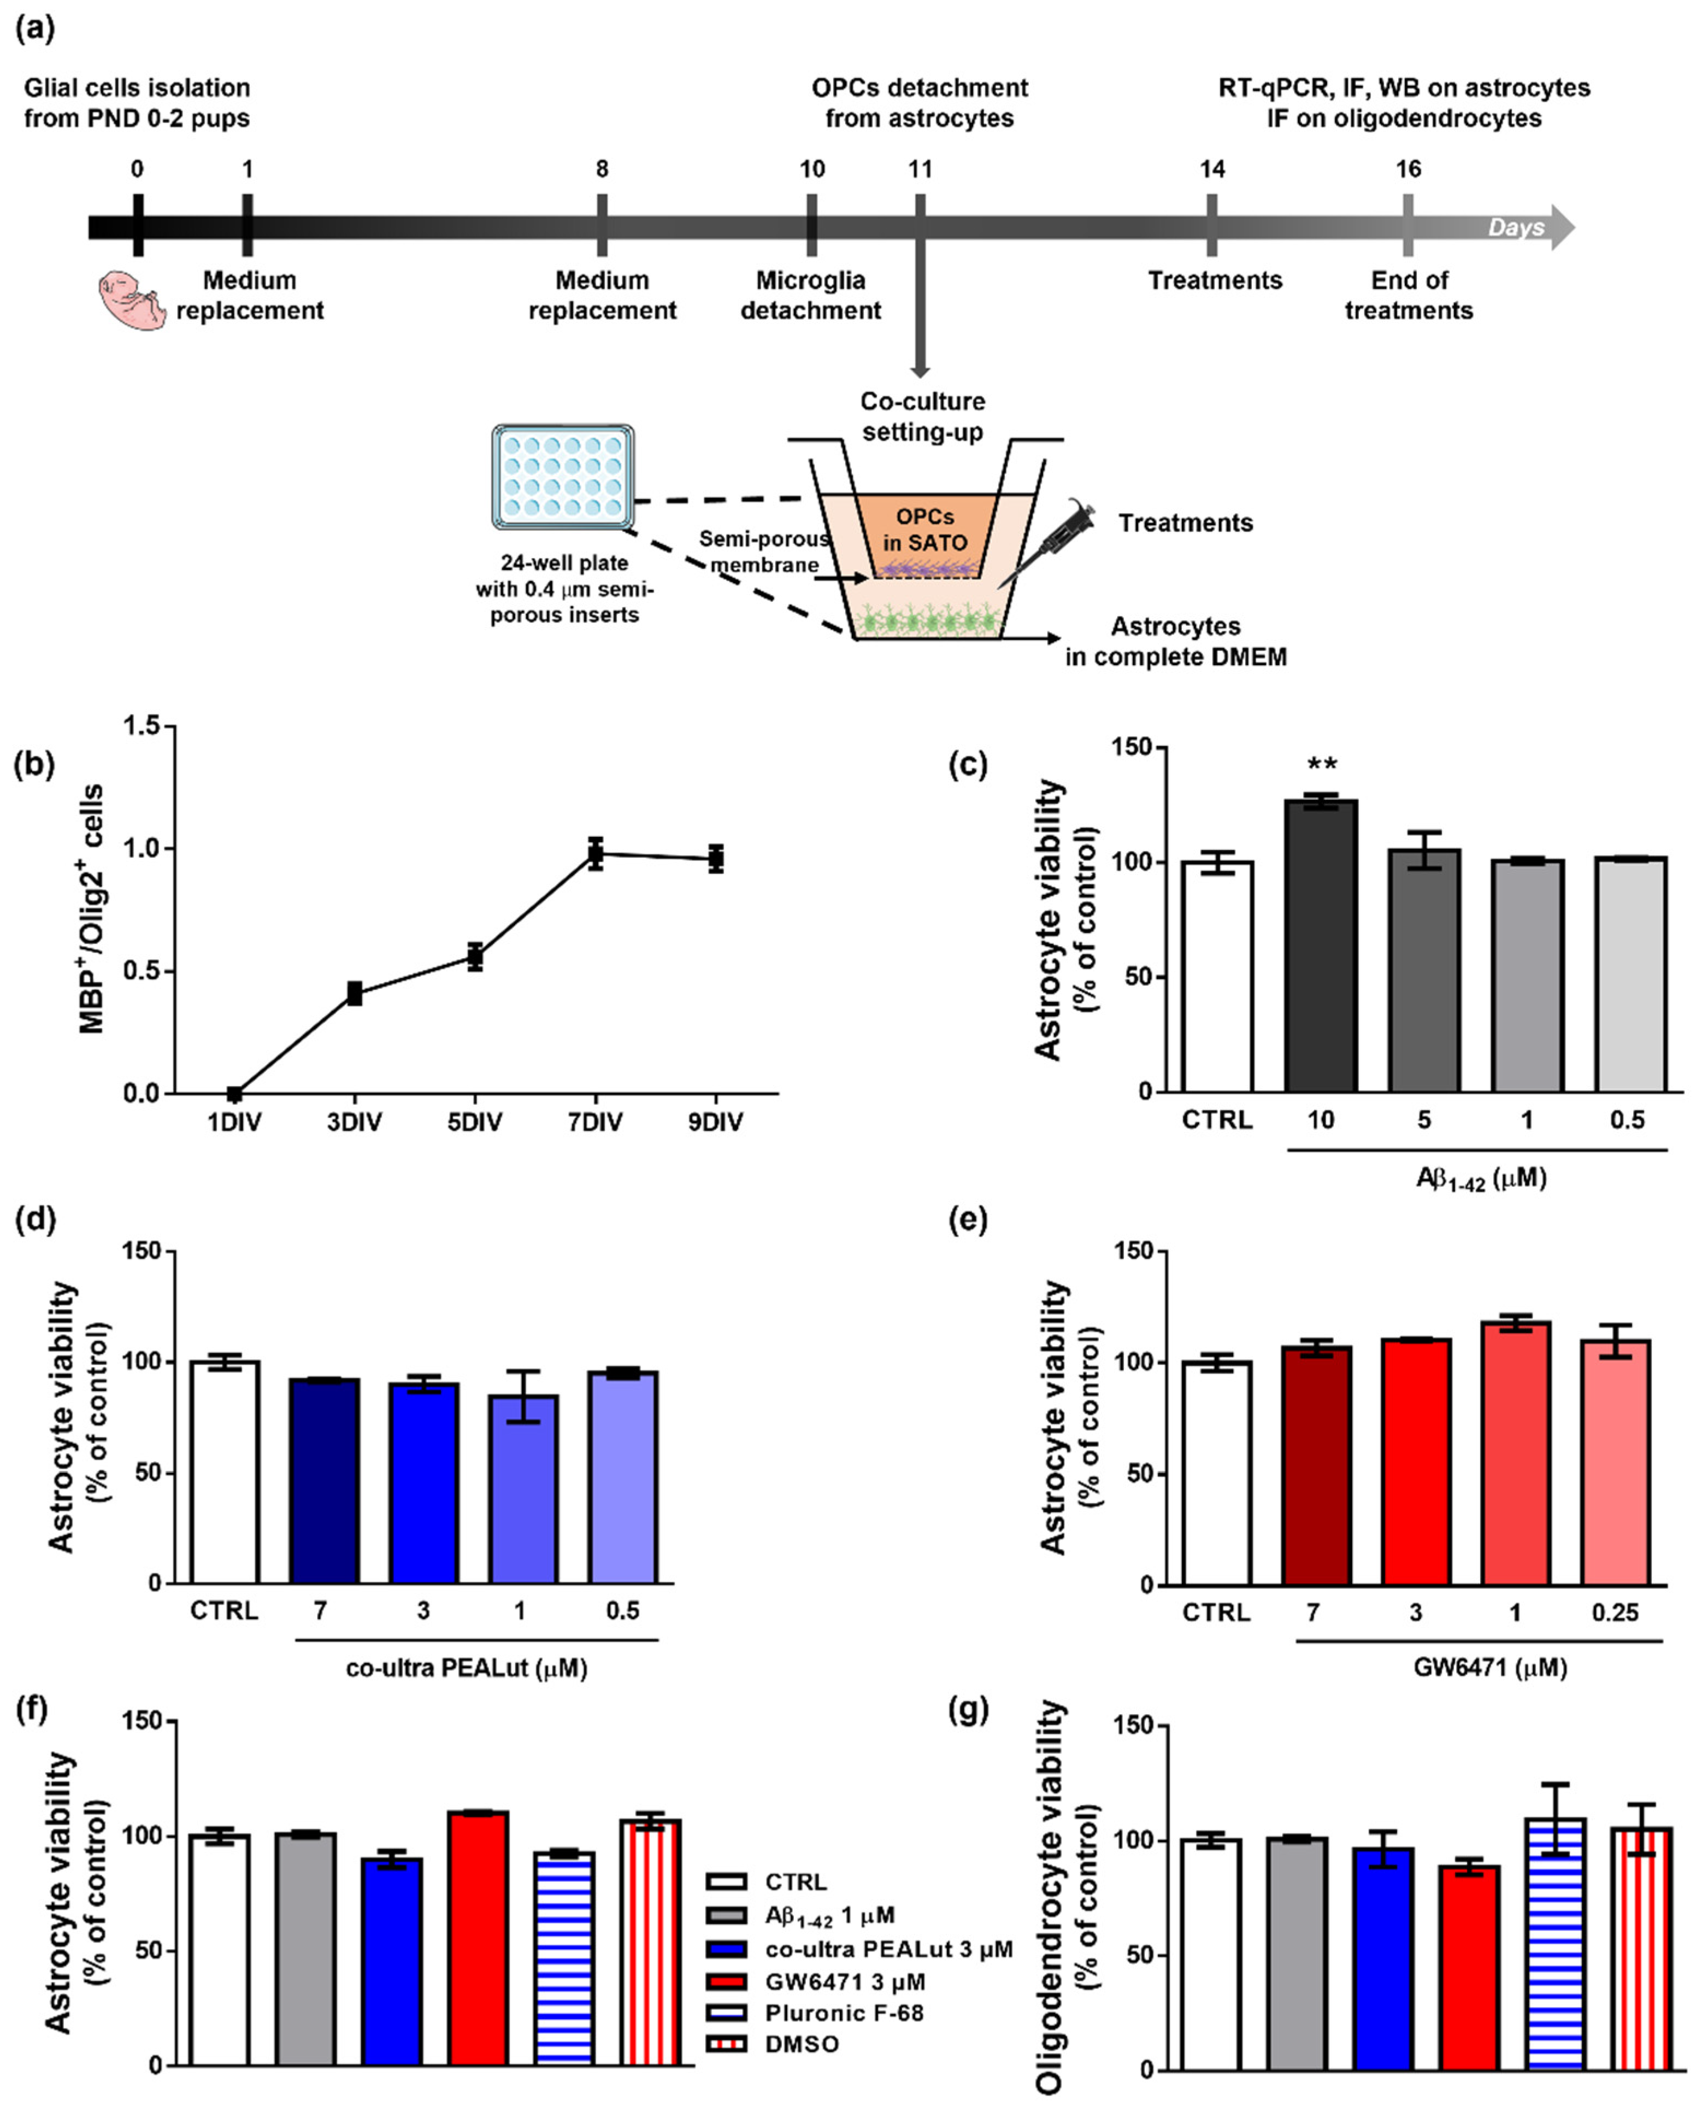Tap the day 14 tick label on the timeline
(1212, 169)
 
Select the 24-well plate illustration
(563, 476)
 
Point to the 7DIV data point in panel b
(595, 853)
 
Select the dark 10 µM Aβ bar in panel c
(1321, 946)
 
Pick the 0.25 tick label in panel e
(1614, 1613)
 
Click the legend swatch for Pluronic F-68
(727, 2013)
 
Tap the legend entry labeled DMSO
(802, 2044)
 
